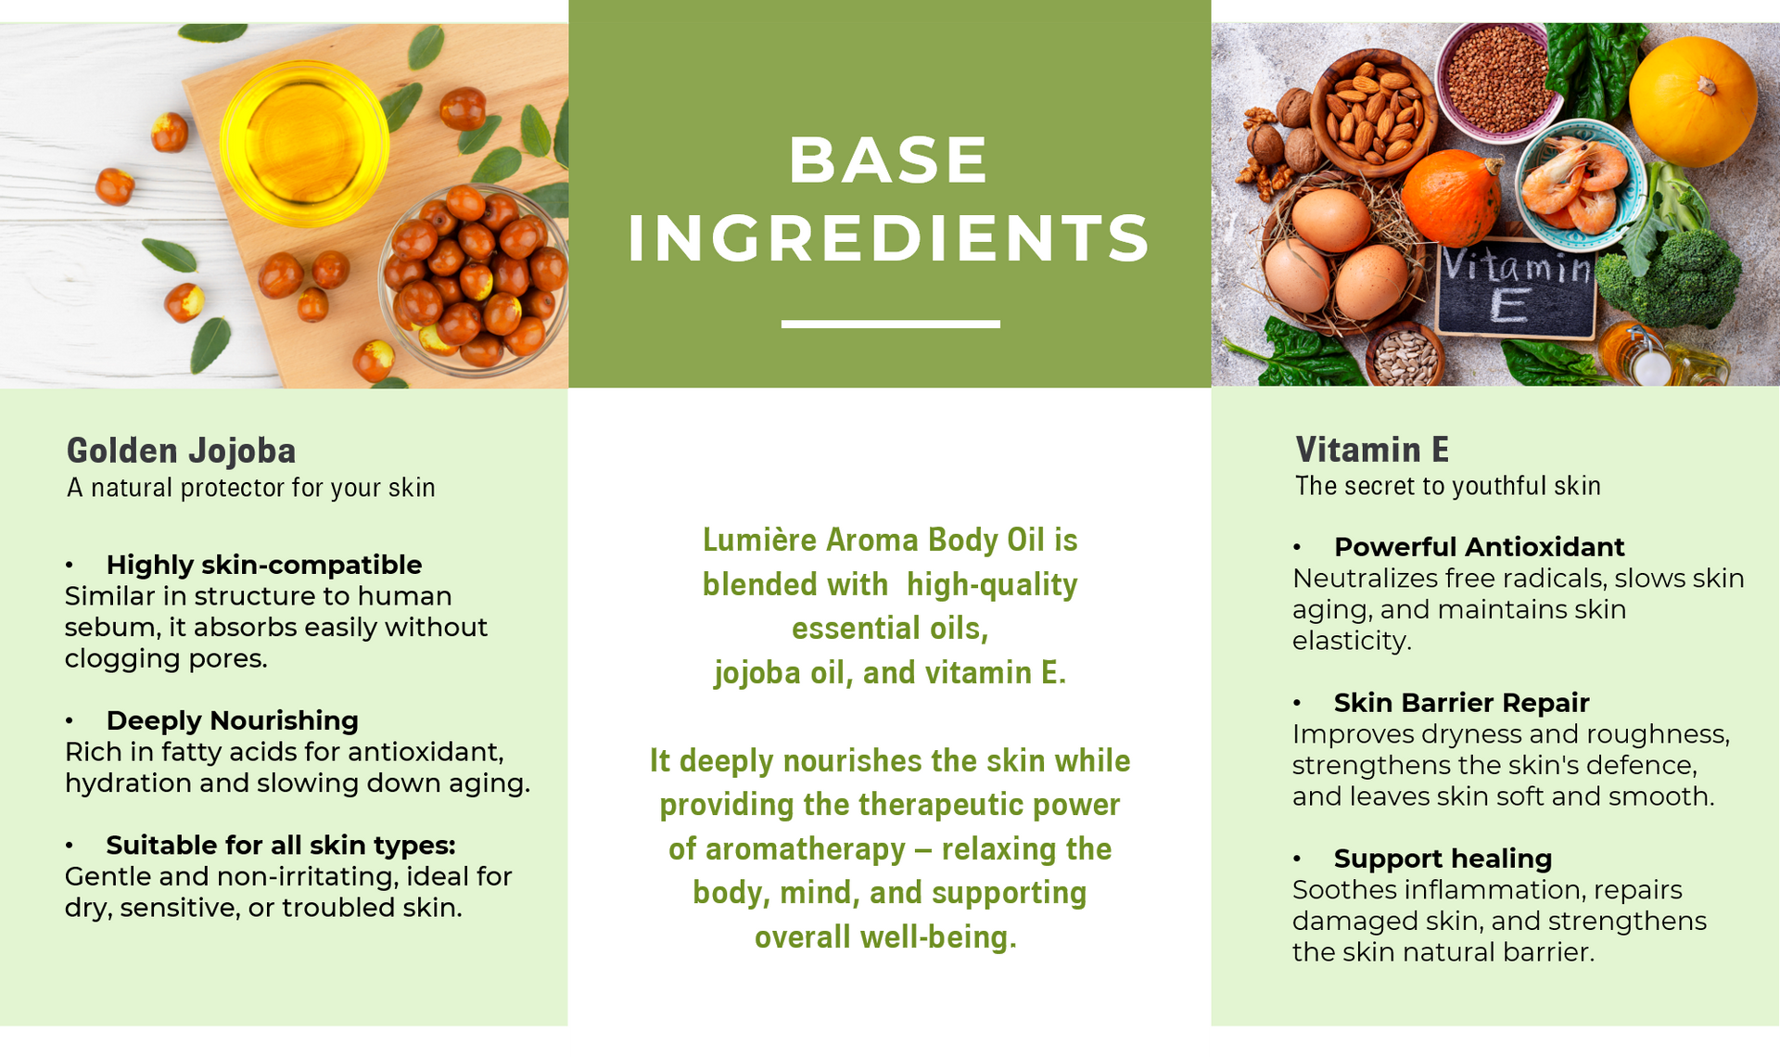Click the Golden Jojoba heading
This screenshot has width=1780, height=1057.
point(181,451)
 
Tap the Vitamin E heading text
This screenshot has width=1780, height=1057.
point(1372,450)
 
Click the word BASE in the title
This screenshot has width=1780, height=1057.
point(889,160)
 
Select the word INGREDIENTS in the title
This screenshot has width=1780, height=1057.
point(889,238)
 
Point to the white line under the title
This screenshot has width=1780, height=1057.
point(890,324)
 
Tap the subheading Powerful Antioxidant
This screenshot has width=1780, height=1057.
point(1479,547)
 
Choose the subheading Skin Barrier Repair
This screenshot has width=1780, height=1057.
point(1461,703)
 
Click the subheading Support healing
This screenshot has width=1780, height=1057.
point(1443,859)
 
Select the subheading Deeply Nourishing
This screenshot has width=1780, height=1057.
point(232,720)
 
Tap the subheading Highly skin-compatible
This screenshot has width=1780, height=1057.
point(264,565)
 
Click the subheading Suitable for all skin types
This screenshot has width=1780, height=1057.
point(281,846)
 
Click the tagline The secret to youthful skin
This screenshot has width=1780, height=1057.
point(1448,486)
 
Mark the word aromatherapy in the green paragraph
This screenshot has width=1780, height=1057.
point(806,849)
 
